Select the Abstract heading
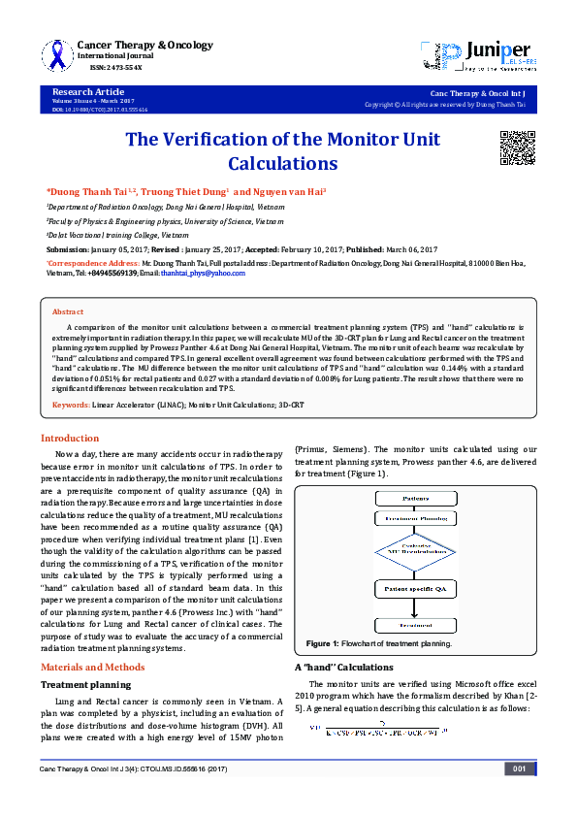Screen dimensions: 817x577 coord(67,312)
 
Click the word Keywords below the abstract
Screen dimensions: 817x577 coord(71,404)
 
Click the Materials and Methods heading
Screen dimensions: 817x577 coord(92,667)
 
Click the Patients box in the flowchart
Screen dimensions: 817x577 coord(415,498)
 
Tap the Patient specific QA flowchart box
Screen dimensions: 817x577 coord(415,590)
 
